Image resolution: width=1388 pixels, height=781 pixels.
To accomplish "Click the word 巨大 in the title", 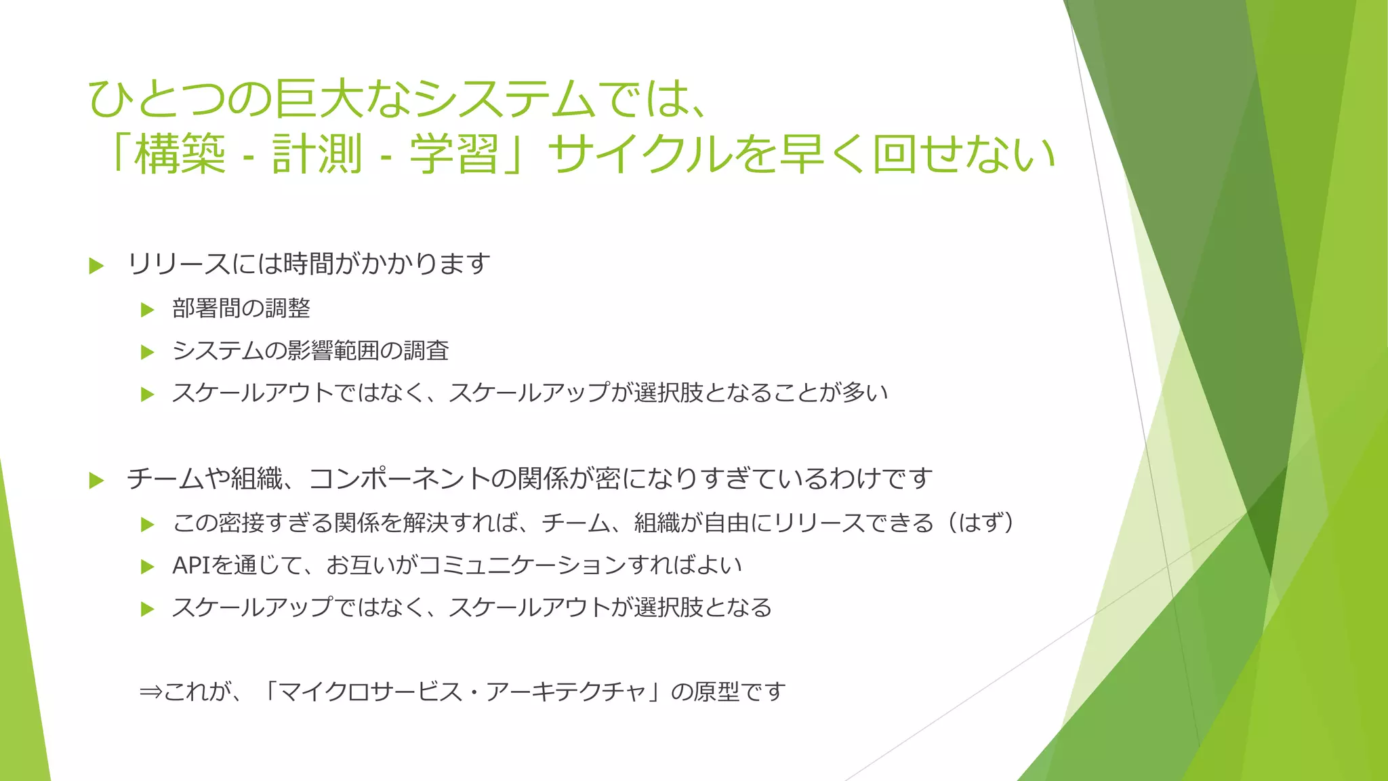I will coord(319,98).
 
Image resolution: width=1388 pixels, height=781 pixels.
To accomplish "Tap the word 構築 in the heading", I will coord(180,154).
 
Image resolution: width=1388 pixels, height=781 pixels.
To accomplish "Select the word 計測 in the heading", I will coord(317,154).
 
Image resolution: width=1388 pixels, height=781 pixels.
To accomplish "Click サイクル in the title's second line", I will coord(640,154).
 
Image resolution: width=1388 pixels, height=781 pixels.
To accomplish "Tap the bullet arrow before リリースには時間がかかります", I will coord(96,266).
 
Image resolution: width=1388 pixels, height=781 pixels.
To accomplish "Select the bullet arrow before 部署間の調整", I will coord(148,310).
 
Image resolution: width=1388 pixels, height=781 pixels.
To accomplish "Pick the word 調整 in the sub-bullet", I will coord(287,308).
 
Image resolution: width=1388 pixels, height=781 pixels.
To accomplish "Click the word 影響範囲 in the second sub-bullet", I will coord(333,351).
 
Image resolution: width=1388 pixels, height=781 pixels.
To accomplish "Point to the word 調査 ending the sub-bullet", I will coord(426,351).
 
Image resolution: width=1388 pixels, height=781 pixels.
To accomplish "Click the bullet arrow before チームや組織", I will coord(96,481).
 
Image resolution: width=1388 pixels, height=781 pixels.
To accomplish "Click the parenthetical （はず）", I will coord(981,523).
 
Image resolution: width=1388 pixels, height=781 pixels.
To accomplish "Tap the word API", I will coord(192,565).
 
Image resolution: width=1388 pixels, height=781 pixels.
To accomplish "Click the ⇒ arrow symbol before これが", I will coord(150,692).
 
